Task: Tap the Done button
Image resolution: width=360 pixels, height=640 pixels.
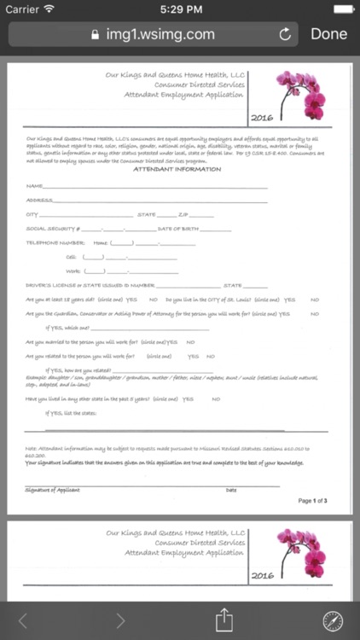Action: click(328, 34)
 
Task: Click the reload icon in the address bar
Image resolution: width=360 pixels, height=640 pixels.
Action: click(285, 35)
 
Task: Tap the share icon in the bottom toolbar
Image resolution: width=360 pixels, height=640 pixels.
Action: click(224, 620)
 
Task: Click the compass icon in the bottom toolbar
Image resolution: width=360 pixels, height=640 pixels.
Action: click(333, 620)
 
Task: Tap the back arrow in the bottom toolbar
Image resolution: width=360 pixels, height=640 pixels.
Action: click(23, 620)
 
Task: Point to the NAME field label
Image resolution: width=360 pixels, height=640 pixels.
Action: click(33, 185)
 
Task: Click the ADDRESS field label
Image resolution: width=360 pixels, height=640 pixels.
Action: click(38, 200)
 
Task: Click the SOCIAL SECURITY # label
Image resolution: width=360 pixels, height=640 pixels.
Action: click(52, 229)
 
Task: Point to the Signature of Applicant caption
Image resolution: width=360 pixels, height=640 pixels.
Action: click(52, 490)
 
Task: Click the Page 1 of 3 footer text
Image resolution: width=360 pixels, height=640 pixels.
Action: click(312, 501)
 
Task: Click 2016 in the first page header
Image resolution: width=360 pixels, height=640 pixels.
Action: click(262, 118)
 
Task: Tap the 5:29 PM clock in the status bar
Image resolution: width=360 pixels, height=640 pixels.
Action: click(179, 9)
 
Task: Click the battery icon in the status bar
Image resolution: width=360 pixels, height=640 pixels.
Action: click(342, 9)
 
